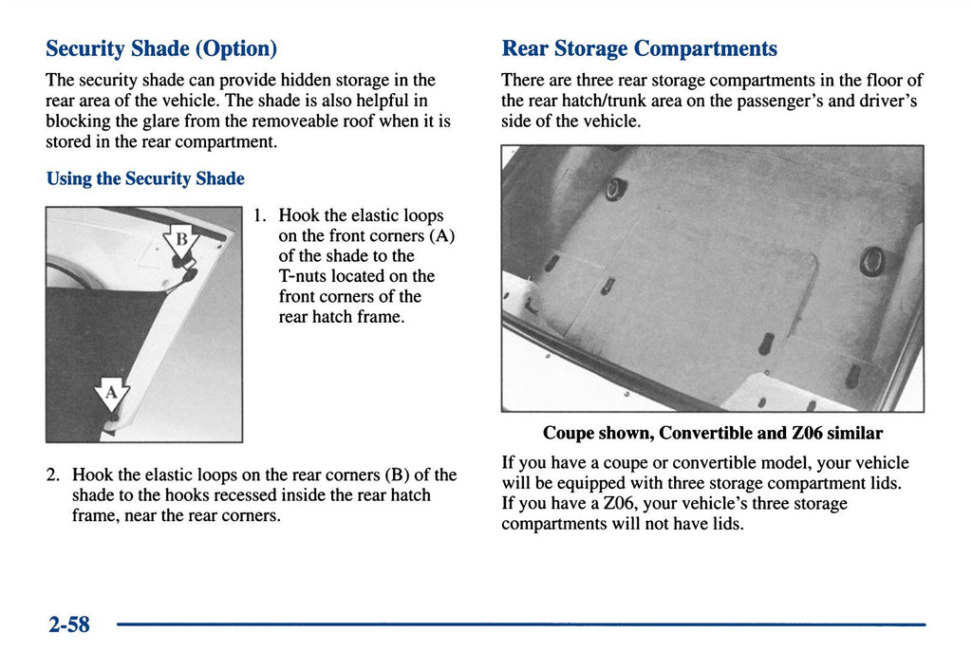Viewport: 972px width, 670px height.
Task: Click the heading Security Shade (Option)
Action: point(161,48)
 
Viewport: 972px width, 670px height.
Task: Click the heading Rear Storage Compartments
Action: point(639,48)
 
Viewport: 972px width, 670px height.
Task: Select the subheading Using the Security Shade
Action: point(145,178)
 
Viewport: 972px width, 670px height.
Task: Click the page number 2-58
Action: point(69,624)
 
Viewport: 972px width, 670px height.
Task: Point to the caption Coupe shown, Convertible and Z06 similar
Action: point(713,433)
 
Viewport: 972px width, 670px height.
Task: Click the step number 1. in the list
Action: point(260,215)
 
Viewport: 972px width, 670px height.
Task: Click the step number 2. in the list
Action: point(53,475)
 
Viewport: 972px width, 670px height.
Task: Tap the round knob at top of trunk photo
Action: point(615,189)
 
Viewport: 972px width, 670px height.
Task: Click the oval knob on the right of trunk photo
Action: point(872,261)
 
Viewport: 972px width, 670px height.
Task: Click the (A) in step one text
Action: point(442,236)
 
